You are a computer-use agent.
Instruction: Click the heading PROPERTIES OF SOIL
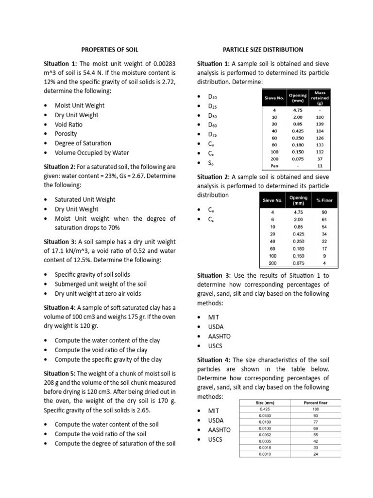tap(109, 50)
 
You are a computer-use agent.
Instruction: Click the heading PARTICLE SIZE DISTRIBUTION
tap(263, 50)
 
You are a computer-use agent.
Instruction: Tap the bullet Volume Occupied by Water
tap(92, 153)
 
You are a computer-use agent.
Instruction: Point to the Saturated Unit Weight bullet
tap(85, 199)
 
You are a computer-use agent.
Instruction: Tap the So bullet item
tap(212, 162)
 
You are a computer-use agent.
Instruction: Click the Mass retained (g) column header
tap(320, 97)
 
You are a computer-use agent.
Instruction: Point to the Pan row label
tap(275, 166)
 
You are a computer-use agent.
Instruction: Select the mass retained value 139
tap(320, 124)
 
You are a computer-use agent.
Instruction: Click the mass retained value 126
tap(320, 138)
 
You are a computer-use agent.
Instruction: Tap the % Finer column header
tap(324, 200)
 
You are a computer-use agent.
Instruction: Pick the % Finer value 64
tap(324, 219)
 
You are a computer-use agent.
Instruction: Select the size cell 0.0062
tap(264, 434)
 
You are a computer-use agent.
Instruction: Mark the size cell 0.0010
tap(264, 454)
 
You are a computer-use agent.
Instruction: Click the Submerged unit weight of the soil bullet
tap(101, 284)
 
